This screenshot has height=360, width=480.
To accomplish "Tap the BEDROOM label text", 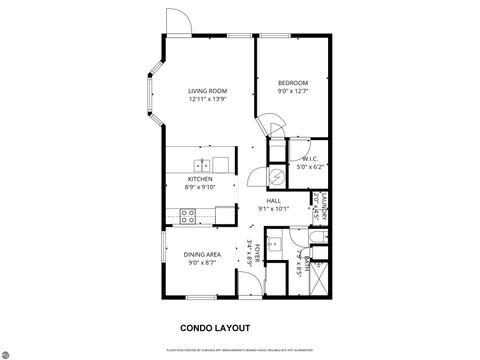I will pos(292,83).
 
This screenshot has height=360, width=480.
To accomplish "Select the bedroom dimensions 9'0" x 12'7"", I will pos(292,92).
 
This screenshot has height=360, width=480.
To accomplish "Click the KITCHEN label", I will pos(201,179).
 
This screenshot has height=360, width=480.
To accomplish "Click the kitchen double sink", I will pos(201,164).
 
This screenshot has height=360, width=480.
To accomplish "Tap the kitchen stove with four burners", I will pos(188,215).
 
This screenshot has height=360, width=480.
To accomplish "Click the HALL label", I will pos(273,201).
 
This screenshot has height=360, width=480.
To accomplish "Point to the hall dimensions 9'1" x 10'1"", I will pos(273,210).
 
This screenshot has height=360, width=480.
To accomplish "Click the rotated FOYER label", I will pos(257,254).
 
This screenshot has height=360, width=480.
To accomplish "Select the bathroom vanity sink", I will pos(283,244).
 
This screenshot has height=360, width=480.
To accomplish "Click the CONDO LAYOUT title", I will pos(214,327).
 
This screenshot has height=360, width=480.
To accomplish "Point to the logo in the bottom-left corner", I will pos(9,351).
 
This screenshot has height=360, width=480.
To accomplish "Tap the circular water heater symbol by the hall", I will pos(258,175).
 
